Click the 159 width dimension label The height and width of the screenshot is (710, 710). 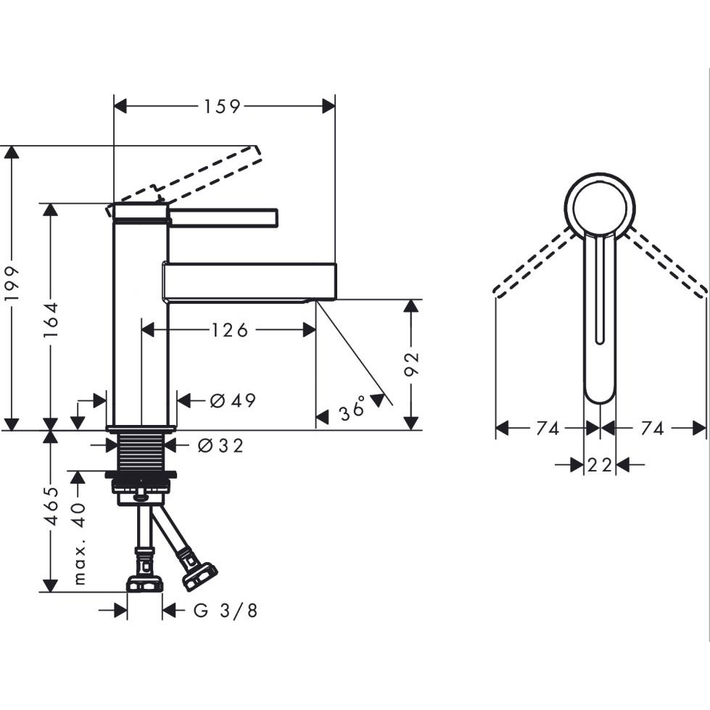click(x=222, y=107)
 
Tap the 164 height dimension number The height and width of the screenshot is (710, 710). click(x=51, y=321)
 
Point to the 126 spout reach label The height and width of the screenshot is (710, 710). click(x=230, y=330)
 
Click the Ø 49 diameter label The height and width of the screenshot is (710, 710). click(x=234, y=400)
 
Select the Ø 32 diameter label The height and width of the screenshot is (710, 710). click(x=220, y=445)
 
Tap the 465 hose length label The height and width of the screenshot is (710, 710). click(x=53, y=506)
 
